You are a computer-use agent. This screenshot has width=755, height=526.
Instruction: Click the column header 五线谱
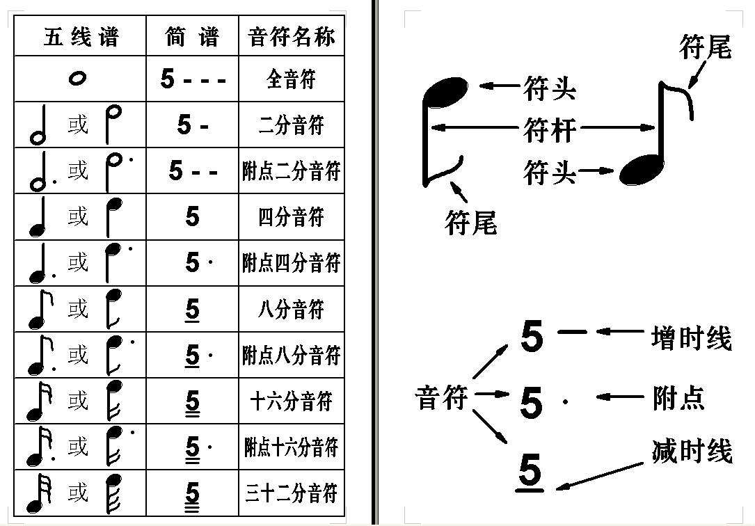(x=81, y=37)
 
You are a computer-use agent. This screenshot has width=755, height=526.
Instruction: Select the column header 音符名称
(x=292, y=37)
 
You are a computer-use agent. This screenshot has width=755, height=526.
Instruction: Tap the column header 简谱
(x=192, y=37)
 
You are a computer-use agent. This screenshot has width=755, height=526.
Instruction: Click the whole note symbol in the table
(x=77, y=78)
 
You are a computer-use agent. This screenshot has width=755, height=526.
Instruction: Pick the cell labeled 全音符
(x=291, y=79)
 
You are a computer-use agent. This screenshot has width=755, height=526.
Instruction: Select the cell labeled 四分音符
(x=291, y=216)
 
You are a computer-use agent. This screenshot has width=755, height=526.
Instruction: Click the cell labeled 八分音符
(x=291, y=309)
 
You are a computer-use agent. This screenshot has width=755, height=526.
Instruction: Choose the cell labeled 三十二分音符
(x=291, y=493)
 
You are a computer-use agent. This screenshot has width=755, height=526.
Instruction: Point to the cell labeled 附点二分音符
(x=291, y=171)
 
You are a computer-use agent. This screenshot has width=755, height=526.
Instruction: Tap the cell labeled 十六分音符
(x=291, y=401)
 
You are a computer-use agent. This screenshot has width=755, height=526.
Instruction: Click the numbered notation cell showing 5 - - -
(x=193, y=79)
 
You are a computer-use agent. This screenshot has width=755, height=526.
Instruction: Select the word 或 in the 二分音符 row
(x=78, y=125)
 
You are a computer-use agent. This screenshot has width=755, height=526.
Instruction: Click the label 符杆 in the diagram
(x=550, y=129)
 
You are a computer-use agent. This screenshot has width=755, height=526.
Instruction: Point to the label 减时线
(x=692, y=451)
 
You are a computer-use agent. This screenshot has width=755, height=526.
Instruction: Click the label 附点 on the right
(x=678, y=398)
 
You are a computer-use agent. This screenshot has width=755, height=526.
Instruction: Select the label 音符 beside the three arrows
(x=441, y=398)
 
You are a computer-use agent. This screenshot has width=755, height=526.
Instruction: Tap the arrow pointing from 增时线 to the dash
(x=620, y=332)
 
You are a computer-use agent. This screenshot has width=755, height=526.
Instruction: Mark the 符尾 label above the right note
(x=706, y=47)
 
